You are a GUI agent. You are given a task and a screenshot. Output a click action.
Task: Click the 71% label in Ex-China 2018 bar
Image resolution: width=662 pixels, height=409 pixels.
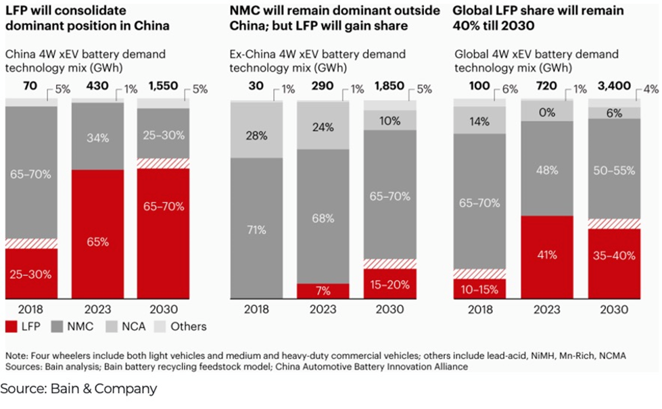(x=256, y=230)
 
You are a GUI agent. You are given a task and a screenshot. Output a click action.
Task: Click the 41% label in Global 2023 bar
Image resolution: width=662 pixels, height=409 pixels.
(x=546, y=256)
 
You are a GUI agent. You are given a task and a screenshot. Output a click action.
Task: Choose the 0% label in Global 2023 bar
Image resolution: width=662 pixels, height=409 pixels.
(x=546, y=111)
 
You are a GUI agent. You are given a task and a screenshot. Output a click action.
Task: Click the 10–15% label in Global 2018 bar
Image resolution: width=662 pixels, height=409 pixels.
(x=480, y=289)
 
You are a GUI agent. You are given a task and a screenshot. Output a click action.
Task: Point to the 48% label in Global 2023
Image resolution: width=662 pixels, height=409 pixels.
(x=546, y=171)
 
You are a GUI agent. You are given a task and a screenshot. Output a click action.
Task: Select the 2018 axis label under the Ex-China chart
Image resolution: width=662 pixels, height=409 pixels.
(x=256, y=309)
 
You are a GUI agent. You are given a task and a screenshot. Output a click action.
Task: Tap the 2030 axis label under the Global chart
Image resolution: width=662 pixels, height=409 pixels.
(x=613, y=309)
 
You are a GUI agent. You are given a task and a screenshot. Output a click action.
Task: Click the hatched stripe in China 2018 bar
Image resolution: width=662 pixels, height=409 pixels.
(x=31, y=243)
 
